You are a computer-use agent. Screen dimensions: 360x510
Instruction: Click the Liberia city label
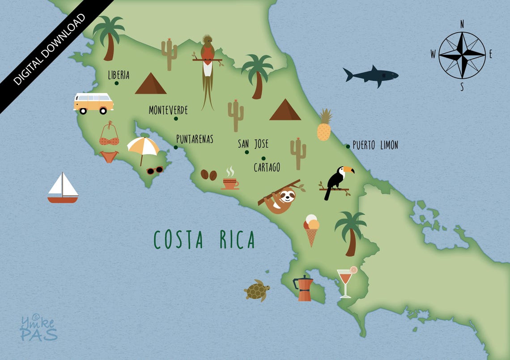[119, 75]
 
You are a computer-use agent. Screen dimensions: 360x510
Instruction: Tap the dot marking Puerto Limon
[348, 146]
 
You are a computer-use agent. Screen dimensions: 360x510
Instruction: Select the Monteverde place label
[168, 110]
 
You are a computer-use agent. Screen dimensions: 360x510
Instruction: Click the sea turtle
[257, 291]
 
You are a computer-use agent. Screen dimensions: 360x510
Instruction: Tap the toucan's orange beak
[348, 170]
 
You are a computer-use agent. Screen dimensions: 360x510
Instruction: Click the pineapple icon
[324, 126]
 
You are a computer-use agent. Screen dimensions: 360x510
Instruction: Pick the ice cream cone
[311, 229]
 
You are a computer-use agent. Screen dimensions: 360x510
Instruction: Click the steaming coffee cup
[230, 181]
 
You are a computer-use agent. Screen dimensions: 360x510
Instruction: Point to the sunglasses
[155, 170]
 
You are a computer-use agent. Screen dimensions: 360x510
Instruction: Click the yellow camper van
[93, 103]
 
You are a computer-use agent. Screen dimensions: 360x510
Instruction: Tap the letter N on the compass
[462, 24]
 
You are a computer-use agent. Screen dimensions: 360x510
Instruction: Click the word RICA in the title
[237, 240]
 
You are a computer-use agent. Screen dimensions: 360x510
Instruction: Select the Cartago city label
[267, 167]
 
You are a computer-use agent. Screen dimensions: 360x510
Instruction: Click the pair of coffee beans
[208, 174]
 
